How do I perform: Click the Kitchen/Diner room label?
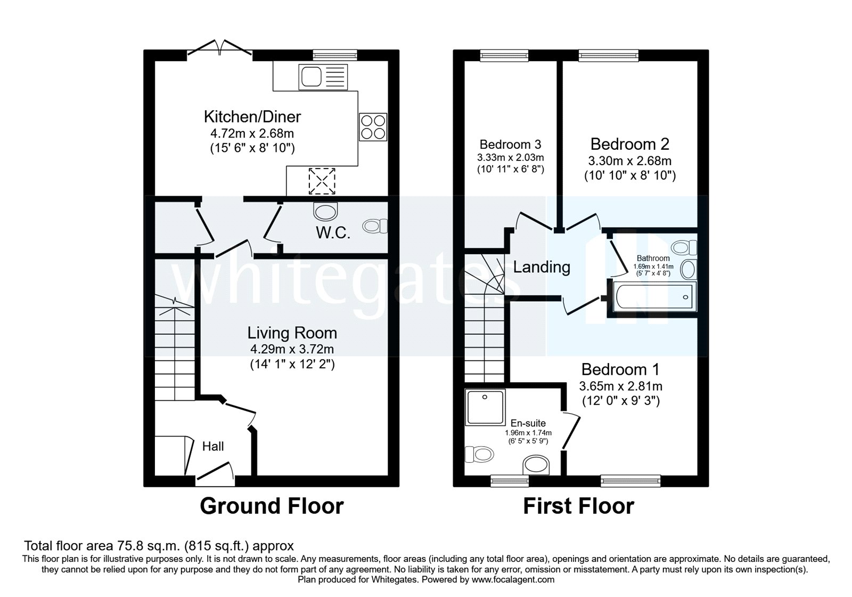pyautogui.click(x=252, y=116)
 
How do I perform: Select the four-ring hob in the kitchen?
pyautogui.click(x=373, y=127)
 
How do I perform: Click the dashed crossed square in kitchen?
pyautogui.click(x=322, y=181)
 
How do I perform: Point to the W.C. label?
pyautogui.click(x=333, y=233)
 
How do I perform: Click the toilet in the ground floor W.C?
pyautogui.click(x=375, y=227)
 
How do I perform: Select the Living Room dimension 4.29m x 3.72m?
pyautogui.click(x=292, y=350)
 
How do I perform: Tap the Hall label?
pyautogui.click(x=213, y=446)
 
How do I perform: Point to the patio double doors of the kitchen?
pyautogui.click(x=220, y=47)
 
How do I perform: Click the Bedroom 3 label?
pyautogui.click(x=510, y=144)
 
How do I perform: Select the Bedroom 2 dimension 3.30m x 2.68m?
pyautogui.click(x=629, y=160)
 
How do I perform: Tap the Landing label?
pyautogui.click(x=542, y=267)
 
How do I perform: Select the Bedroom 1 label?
pyautogui.click(x=620, y=369)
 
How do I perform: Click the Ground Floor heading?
pyautogui.click(x=272, y=506)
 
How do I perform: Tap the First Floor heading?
pyautogui.click(x=579, y=506)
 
